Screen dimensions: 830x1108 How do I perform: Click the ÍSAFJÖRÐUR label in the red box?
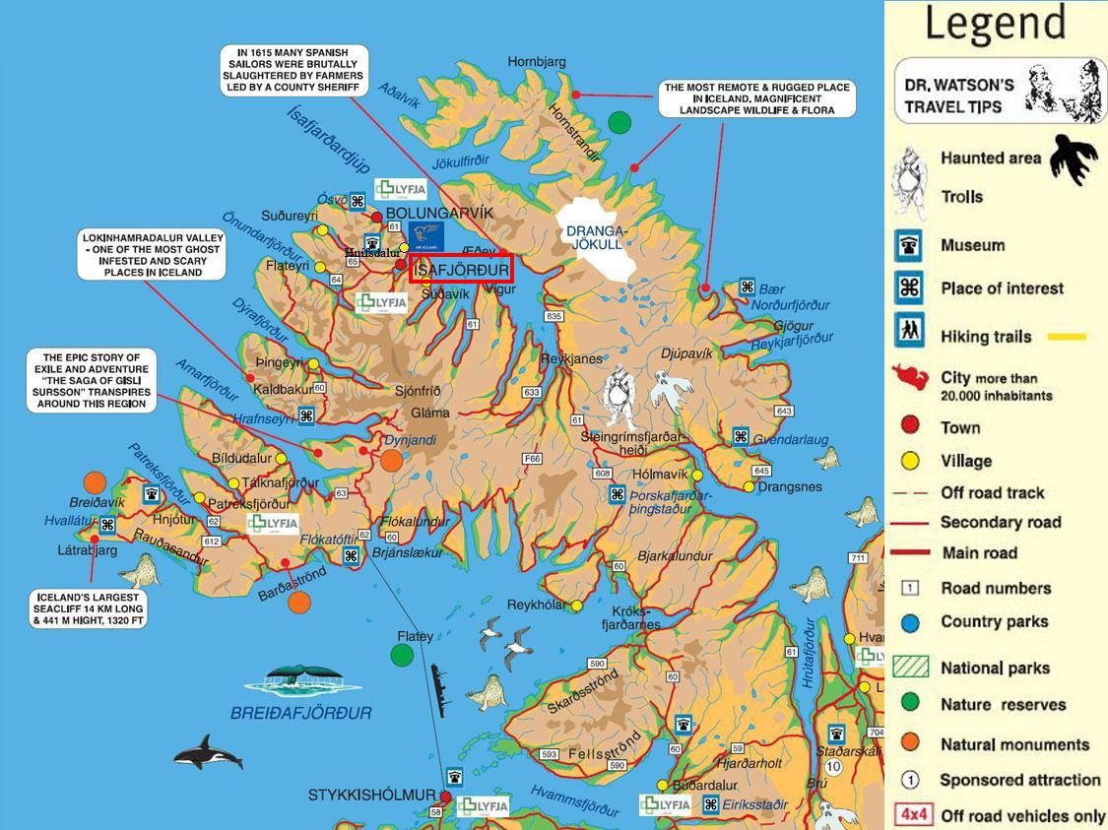tap(460, 269)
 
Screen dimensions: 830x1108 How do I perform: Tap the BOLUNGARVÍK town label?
tap(439, 213)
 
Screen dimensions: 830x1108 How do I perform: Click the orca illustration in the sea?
tap(208, 753)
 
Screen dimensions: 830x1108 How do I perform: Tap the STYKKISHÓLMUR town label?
tap(371, 795)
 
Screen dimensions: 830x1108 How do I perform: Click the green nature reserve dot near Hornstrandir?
tap(619, 123)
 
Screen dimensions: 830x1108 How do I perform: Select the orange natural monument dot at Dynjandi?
tap(391, 461)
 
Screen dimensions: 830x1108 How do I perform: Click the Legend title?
tap(995, 24)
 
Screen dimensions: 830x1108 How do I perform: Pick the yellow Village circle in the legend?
tap(910, 461)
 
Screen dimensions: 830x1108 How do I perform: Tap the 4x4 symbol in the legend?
tap(912, 815)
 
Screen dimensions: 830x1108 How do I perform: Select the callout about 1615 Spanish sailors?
tap(293, 70)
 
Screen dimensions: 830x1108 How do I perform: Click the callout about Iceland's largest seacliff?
tap(90, 608)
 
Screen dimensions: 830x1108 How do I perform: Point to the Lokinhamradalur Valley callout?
tap(153, 255)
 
